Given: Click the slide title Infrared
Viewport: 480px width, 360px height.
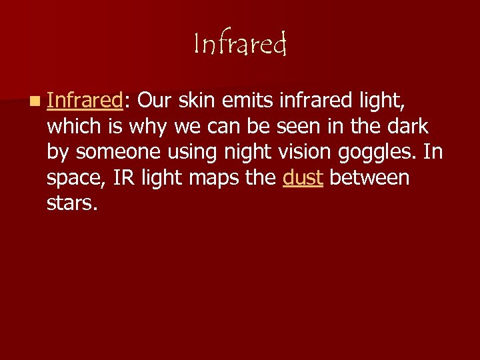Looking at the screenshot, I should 240,44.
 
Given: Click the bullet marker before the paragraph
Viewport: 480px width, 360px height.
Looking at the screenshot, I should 34,101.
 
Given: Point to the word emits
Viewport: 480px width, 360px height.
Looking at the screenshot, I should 253,100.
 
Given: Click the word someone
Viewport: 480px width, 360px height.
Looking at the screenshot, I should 116,152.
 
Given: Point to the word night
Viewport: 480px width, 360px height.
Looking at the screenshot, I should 240,152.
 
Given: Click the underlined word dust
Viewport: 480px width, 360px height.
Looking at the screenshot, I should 303,178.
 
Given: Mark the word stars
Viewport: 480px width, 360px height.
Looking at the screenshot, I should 72,204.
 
